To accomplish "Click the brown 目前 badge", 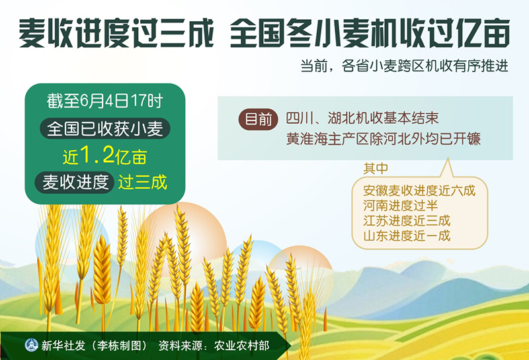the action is (x=258, y=120).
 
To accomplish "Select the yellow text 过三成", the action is (x=142, y=183).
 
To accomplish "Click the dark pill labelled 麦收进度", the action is (x=74, y=183).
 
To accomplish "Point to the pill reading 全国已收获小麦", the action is (x=105, y=128).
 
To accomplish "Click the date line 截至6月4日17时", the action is (x=105, y=101).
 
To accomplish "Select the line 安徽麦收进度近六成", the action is (x=419, y=191).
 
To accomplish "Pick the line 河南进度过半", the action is (x=401, y=206).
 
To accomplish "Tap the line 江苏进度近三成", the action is (x=407, y=220).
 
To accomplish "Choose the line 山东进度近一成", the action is (x=407, y=236).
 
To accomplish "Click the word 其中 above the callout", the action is (x=376, y=168).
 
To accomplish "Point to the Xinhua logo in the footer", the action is (x=31, y=345).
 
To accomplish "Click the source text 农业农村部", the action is (x=241, y=345).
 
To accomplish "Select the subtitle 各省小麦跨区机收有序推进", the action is (x=425, y=66).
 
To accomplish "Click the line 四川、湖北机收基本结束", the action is (x=362, y=118).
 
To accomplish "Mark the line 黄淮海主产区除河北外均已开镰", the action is (x=384, y=139).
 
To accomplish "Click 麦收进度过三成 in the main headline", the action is (x=116, y=33).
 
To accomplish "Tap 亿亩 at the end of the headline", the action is (x=483, y=33).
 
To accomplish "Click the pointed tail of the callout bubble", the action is (x=448, y=159).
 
